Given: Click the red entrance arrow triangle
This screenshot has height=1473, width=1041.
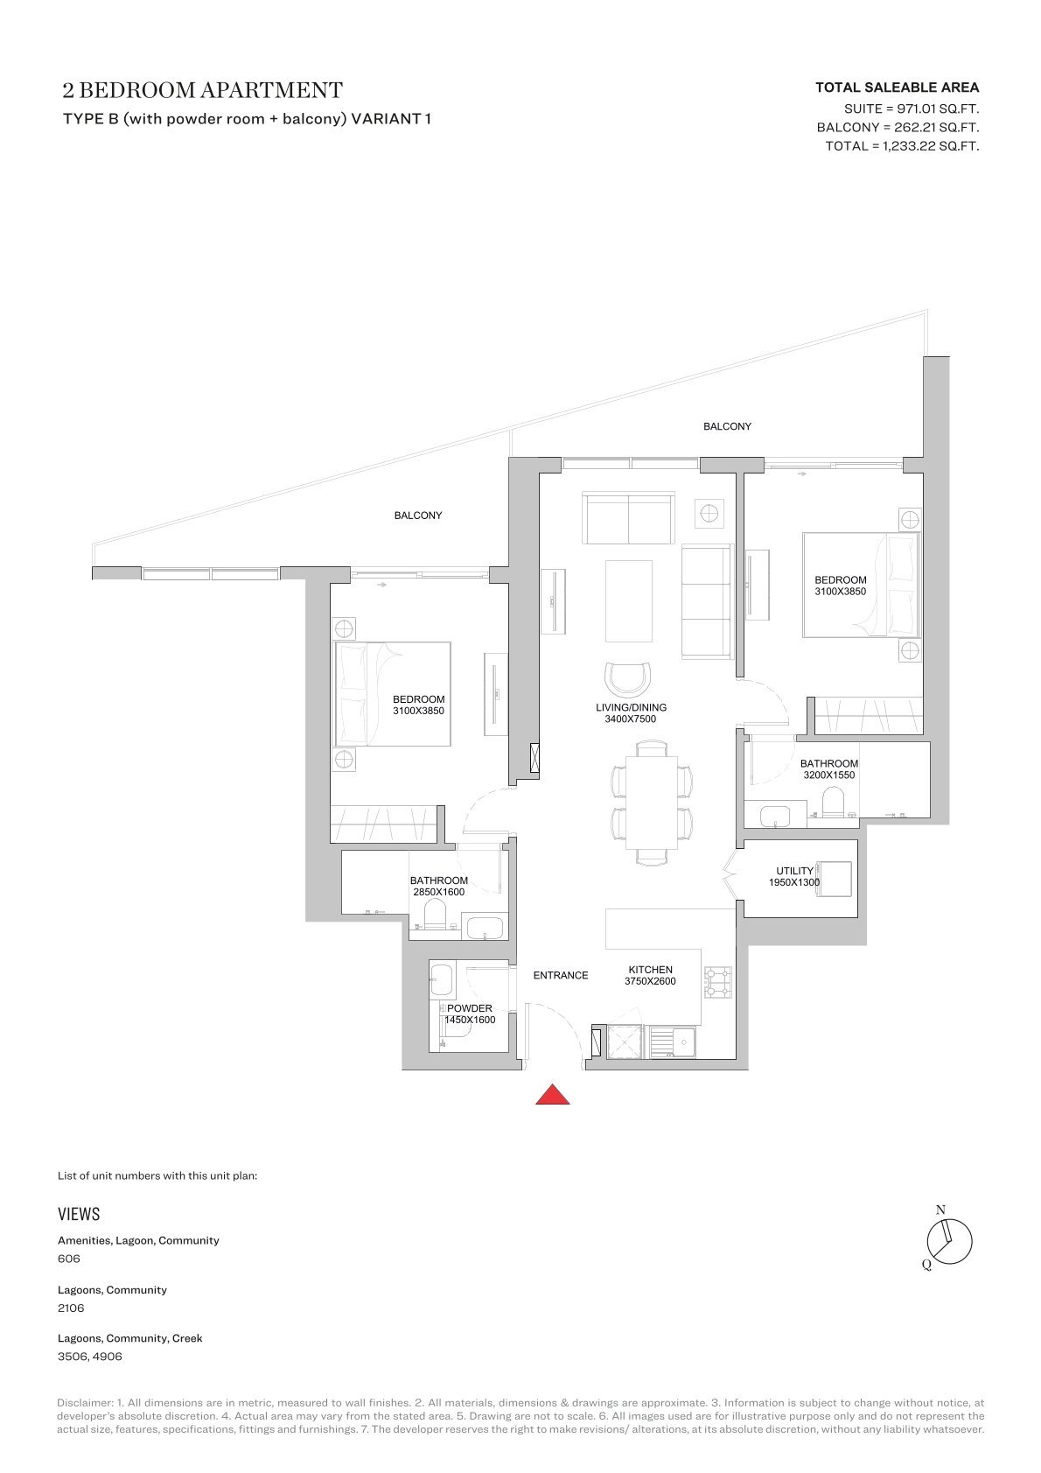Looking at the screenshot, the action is [x=552, y=1095].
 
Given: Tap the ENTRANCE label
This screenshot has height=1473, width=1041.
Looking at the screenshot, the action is [x=561, y=975].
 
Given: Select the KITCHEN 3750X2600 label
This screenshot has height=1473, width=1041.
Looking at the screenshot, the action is [x=651, y=975].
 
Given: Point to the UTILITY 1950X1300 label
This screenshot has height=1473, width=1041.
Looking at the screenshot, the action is [x=794, y=877].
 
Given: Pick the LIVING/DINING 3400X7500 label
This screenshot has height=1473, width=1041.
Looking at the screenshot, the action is [x=631, y=712].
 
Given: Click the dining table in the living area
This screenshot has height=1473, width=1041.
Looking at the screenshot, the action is [x=652, y=803].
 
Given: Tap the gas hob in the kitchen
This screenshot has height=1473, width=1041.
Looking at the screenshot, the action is [x=717, y=983].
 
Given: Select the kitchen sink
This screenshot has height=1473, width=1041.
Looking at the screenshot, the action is [x=674, y=1042].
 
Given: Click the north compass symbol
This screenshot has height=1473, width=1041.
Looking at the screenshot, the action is [x=949, y=1242].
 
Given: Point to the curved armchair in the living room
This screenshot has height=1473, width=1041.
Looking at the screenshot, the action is [x=629, y=679].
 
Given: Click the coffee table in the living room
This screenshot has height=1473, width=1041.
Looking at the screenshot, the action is [x=629, y=601].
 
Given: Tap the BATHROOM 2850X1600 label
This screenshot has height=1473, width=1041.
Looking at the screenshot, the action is [x=439, y=886].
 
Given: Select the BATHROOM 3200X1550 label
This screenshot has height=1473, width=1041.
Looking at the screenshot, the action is [x=829, y=768].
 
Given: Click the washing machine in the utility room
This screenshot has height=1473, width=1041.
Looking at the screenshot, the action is [x=834, y=880].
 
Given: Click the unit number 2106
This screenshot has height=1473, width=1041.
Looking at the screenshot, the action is [x=71, y=1308].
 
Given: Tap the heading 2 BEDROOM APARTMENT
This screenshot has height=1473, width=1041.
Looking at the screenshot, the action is [x=202, y=90].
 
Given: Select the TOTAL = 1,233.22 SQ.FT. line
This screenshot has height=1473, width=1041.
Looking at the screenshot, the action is [x=902, y=146].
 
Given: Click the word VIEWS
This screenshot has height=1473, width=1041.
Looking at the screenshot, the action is [x=79, y=1213].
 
